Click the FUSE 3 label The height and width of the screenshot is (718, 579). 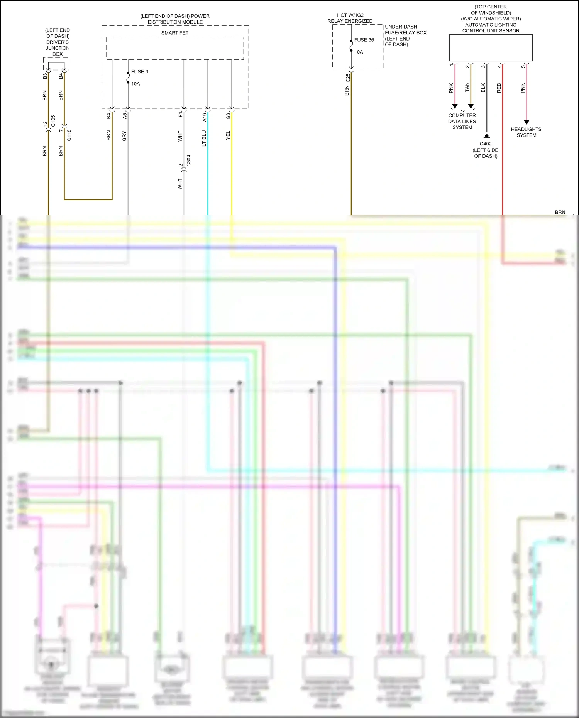click(x=139, y=72)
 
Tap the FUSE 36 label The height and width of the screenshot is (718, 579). click(x=364, y=40)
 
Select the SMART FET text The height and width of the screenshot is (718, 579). click(x=175, y=33)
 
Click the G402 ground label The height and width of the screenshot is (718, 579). click(x=486, y=144)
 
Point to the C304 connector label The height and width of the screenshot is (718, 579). click(x=188, y=161)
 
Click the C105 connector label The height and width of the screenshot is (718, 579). click(x=53, y=121)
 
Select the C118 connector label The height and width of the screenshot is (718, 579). click(x=69, y=135)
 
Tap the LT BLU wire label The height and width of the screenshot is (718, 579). click(x=204, y=138)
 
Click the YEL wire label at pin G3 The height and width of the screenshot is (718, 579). click(x=228, y=135)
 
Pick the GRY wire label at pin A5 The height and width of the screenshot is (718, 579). click(x=124, y=136)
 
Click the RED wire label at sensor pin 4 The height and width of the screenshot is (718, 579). click(x=499, y=88)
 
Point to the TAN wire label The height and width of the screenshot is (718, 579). click(x=467, y=87)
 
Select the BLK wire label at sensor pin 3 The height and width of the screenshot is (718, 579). click(x=483, y=88)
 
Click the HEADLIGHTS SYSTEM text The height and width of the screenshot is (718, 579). click(x=526, y=132)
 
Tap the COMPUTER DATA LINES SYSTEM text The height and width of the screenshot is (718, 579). click(x=462, y=121)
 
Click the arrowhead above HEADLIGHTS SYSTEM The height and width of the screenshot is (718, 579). click(x=527, y=122)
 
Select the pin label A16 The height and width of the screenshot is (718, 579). click(x=204, y=117)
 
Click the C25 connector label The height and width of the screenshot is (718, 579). click(x=347, y=78)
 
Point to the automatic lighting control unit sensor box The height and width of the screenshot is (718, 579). click(x=491, y=48)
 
